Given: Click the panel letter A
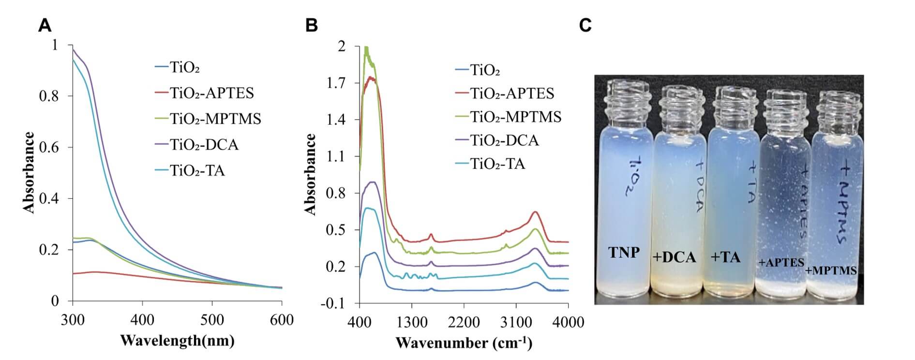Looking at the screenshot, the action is coord(45,25).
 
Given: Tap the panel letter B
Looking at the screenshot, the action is coord(312,25).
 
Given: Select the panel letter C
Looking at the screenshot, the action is coord(585,25).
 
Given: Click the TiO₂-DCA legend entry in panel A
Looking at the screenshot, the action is coord(196,145).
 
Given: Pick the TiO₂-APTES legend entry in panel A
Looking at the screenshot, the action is coord(204,93).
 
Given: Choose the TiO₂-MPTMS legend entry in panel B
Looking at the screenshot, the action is coord(508,117).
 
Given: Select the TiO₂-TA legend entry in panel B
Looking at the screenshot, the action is coord(490,164).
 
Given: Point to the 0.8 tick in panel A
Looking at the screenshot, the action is coord(49,96).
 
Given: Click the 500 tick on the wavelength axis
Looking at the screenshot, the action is coord(212,320).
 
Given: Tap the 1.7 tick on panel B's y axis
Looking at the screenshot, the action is coord(336,83).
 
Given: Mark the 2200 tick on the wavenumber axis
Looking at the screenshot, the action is coord(464,322).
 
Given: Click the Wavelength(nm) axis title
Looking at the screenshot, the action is coord(177,341).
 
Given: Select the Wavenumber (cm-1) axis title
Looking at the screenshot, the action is coord(464,343).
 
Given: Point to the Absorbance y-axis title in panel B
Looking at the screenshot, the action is coord(310,174).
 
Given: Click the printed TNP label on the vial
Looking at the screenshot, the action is coord(624,252).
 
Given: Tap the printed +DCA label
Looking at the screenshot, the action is coord(674,257).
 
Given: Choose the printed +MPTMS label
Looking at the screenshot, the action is coord(831,270).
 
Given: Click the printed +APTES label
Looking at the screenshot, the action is coord(781,263).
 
